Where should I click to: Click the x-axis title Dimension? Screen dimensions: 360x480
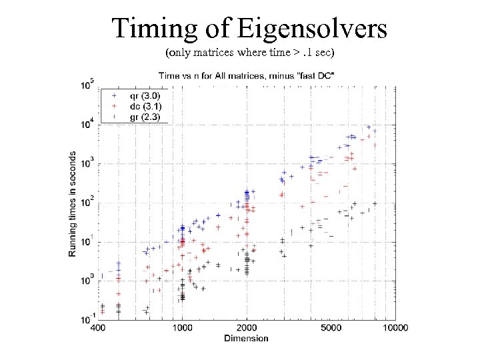click(246, 338)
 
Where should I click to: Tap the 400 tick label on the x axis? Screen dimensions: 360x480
click(98, 329)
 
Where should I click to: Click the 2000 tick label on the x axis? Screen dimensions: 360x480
click(247, 329)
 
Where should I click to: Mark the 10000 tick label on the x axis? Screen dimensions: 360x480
click(395, 329)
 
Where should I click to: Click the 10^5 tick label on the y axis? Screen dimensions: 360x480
click(87, 85)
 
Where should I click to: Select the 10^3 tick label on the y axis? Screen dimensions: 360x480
click(87, 163)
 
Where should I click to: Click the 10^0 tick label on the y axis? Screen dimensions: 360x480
click(87, 281)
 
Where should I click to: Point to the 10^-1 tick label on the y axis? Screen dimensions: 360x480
click(87, 319)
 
